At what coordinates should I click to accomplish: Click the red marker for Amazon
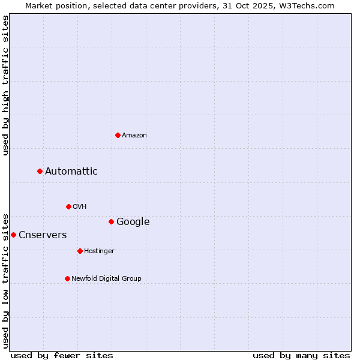(118, 135)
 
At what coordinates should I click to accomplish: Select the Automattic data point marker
(40, 172)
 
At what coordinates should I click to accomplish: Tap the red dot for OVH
(68, 206)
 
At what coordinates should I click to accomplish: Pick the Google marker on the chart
(111, 222)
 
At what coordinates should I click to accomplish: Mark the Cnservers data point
(13, 235)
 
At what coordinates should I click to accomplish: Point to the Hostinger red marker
(80, 251)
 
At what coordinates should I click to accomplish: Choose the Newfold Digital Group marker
(67, 278)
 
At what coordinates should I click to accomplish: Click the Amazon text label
(134, 136)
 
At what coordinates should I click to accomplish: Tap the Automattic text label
(71, 172)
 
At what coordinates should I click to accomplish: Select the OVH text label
(80, 207)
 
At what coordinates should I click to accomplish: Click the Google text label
(133, 222)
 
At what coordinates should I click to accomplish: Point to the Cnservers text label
(43, 235)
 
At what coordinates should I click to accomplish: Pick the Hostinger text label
(99, 251)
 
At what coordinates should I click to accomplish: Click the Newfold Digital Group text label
(106, 279)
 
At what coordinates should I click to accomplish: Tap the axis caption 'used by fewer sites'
(62, 355)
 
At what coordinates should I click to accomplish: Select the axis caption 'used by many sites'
(301, 355)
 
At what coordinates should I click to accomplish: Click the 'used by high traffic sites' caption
(5, 85)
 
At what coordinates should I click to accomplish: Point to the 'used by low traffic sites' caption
(5, 280)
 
